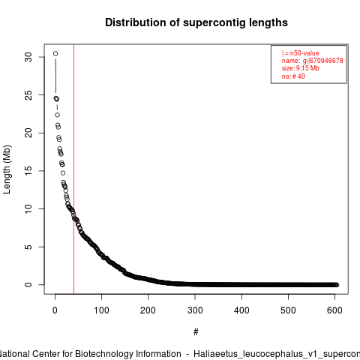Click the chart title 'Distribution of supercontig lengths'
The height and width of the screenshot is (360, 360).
pyautogui.click(x=196, y=22)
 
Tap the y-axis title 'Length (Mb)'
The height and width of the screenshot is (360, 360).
pyautogui.click(x=7, y=169)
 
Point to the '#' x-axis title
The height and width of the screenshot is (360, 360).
pyautogui.click(x=196, y=331)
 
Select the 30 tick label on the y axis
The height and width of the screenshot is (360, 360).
pyautogui.click(x=28, y=57)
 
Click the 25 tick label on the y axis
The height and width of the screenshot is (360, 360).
pyautogui.click(x=28, y=95)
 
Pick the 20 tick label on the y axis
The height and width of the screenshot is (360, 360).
pyautogui.click(x=28, y=133)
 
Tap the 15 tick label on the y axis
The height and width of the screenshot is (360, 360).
pyautogui.click(x=28, y=171)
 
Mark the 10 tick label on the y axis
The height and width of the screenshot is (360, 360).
pyautogui.click(x=28, y=208)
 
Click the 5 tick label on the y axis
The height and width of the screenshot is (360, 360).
pyautogui.click(x=28, y=247)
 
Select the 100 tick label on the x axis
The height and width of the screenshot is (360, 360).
pyautogui.click(x=101, y=310)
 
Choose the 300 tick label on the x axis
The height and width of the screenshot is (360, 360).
pyautogui.click(x=195, y=310)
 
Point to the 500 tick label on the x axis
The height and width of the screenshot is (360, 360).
pyautogui.click(x=288, y=310)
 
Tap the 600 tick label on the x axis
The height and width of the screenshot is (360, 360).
pyautogui.click(x=334, y=310)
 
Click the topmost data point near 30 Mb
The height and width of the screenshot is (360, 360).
pyautogui.click(x=55, y=53)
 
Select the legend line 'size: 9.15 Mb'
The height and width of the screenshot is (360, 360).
pyautogui.click(x=301, y=68)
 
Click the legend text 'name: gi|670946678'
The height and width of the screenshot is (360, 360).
pyautogui.click(x=313, y=61)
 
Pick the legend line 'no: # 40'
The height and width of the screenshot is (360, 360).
pyautogui.click(x=293, y=76)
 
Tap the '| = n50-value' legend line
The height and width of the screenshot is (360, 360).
pyautogui.click(x=301, y=53)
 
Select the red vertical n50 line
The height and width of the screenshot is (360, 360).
pyautogui.click(x=74, y=169)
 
